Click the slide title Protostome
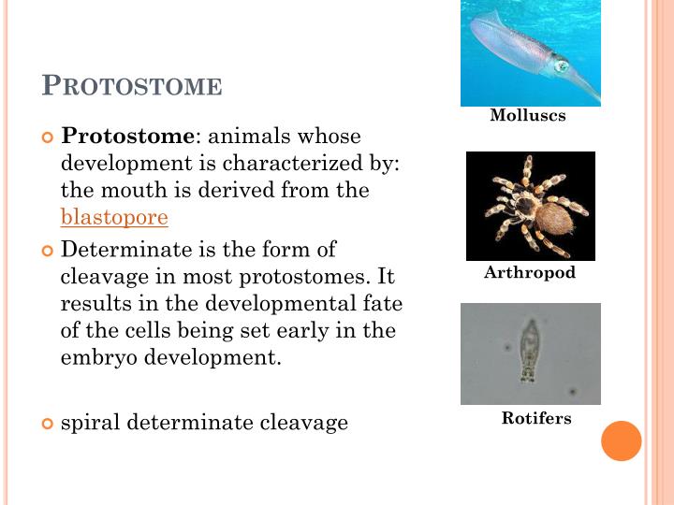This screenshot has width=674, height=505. pos(132,86)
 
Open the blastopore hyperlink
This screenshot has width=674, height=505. pos(114,218)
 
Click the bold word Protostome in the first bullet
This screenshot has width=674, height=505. pos(126,137)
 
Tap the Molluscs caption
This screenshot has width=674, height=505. pos(528,116)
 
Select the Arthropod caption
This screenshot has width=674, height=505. pos(530,273)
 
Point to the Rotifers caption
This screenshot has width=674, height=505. pos(536,418)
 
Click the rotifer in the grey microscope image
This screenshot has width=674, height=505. pos(530,350)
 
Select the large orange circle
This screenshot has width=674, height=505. pos(622,440)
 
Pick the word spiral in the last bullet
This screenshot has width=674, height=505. pos(91,423)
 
